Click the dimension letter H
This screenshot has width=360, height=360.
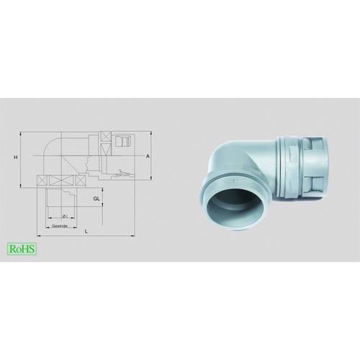[14, 156]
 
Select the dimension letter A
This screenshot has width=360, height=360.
[148, 156]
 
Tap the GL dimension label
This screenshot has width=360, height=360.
[96, 197]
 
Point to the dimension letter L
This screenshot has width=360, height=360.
[86, 231]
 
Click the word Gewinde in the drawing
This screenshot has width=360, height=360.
[60, 225]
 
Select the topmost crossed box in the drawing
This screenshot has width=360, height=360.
[107, 138]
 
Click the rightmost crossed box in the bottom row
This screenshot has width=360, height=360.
[79, 179]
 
